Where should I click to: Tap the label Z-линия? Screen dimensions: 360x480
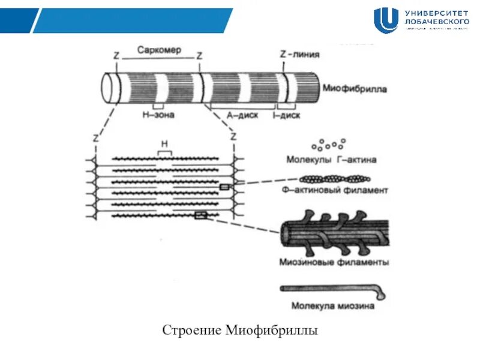(299, 54)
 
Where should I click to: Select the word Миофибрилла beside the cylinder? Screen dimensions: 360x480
(355, 89)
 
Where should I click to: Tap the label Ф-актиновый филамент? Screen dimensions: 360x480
(335, 190)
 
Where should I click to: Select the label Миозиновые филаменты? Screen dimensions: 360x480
(334, 262)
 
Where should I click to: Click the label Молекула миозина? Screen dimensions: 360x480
(333, 305)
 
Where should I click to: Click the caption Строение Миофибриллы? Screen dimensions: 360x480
(239, 331)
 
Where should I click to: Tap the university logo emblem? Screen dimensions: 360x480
(386, 20)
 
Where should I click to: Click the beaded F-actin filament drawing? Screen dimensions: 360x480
(334, 179)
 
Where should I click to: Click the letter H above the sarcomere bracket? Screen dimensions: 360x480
(163, 144)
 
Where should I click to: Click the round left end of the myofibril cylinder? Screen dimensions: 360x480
(109, 89)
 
